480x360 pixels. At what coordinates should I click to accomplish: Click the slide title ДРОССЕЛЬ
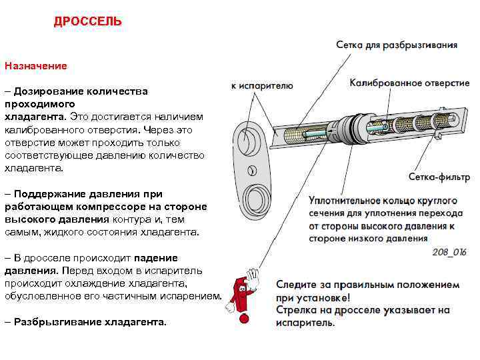tap(88, 22)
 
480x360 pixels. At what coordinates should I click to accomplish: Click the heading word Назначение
tap(36, 66)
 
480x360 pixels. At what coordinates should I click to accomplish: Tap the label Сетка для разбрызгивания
tap(396, 45)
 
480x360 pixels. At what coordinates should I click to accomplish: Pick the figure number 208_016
tap(449, 252)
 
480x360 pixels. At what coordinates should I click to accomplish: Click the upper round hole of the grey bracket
tap(247, 141)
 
